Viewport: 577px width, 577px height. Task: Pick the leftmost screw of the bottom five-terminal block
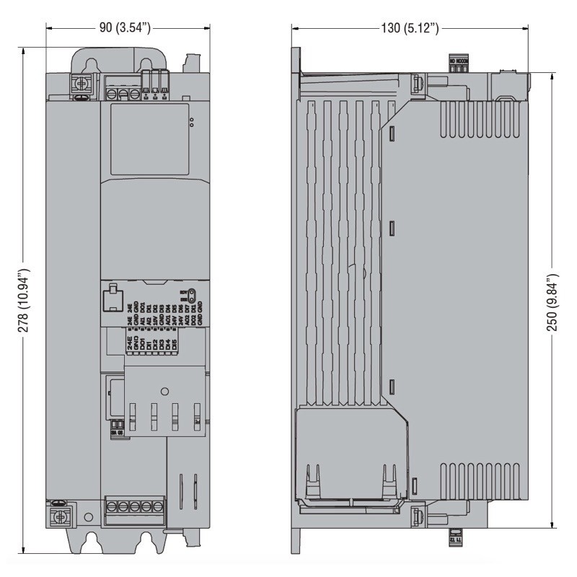coord(113,507)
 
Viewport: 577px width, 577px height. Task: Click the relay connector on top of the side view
coord(459,63)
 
